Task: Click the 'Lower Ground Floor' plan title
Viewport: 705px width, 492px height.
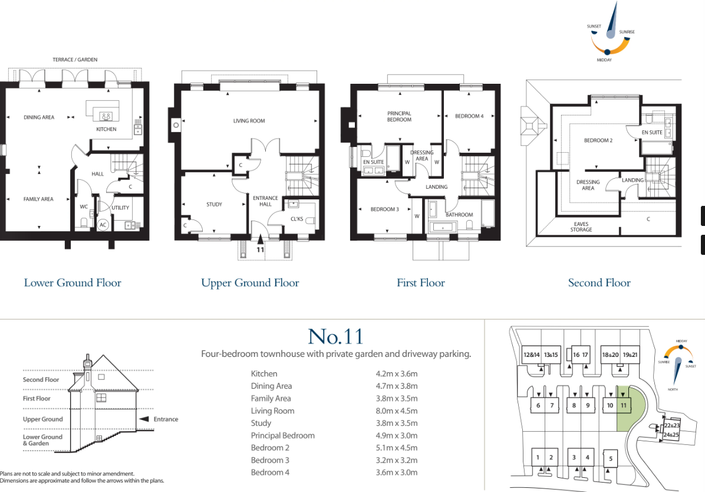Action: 73,283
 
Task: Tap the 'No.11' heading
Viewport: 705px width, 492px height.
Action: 335,336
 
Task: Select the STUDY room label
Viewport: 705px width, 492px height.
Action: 214,205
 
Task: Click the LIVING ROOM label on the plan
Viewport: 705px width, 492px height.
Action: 249,121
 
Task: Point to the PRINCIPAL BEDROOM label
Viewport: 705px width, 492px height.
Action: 399,116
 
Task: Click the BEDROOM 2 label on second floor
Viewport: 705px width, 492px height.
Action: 598,140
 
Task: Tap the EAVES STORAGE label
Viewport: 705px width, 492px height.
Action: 581,226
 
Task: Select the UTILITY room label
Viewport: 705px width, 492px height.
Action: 120,208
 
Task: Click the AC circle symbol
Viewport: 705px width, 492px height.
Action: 103,225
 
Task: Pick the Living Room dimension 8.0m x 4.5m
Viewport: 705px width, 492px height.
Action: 396,411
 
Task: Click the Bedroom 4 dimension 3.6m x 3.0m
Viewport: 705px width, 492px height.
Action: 396,473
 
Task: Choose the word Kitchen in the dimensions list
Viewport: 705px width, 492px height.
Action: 263,374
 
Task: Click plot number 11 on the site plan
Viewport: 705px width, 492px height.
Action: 623,405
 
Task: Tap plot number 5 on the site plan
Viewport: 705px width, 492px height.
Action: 611,458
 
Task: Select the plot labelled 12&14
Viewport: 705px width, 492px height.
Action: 531,355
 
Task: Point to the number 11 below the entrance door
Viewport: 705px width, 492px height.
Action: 260,250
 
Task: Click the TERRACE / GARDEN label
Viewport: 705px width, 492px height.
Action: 75,60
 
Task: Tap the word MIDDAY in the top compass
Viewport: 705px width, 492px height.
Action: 604,60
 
